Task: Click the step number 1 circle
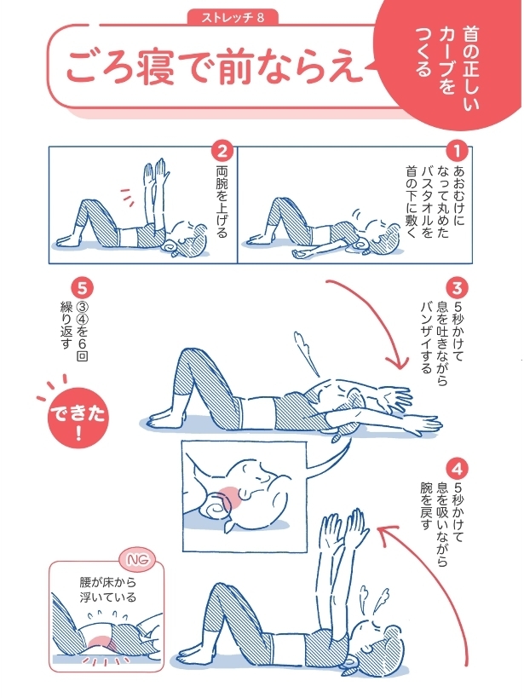pyautogui.click(x=458, y=153)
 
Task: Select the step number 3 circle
pyautogui.click(x=458, y=288)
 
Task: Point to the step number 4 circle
pyautogui.click(x=458, y=468)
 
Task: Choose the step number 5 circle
pyautogui.click(x=83, y=288)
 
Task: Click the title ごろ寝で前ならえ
pyautogui.click(x=210, y=67)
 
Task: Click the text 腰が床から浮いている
pyautogui.click(x=101, y=591)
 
